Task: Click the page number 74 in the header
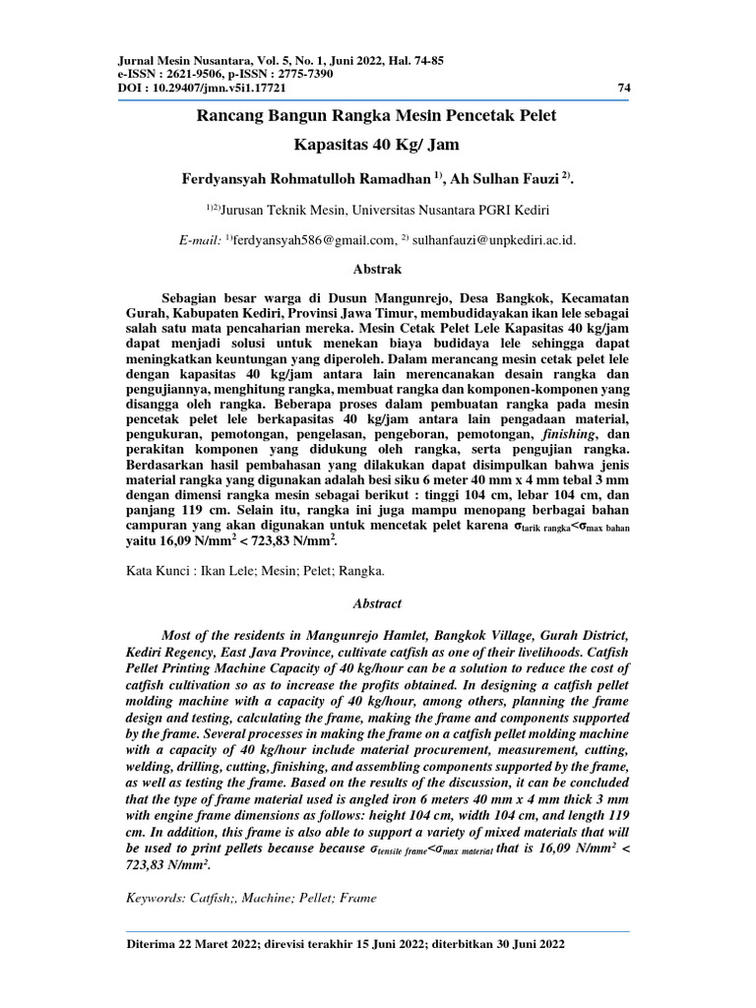(x=624, y=88)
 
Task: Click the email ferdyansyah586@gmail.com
(x=313, y=239)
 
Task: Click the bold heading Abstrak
(x=377, y=268)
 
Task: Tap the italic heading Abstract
(x=377, y=603)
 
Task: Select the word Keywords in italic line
(x=157, y=898)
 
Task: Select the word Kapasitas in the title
(x=331, y=147)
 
